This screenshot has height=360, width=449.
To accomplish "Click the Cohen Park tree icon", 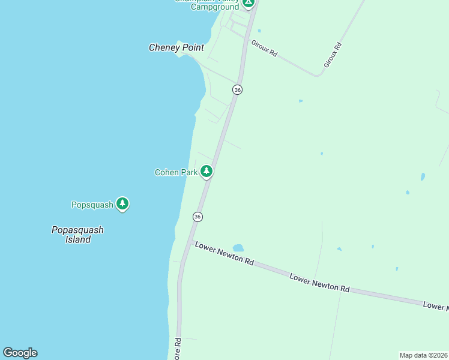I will (x=206, y=172).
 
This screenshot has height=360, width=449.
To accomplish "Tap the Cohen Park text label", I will (x=176, y=172).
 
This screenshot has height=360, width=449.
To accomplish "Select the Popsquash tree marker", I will (x=122, y=204).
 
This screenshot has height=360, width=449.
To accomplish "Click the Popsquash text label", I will (x=92, y=205).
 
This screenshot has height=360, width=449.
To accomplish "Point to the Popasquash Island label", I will (x=77, y=235).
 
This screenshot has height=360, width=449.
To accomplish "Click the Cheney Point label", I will (x=176, y=47).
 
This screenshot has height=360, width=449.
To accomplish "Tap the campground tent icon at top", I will (x=249, y=2).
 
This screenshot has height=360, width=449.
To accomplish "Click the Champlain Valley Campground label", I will (x=206, y=5).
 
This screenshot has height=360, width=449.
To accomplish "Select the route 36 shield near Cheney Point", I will (x=238, y=89).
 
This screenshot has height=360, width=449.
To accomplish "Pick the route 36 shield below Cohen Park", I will (x=197, y=216).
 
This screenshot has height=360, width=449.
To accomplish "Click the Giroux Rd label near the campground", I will (x=264, y=48).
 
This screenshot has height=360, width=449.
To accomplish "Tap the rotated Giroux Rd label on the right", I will (x=333, y=54).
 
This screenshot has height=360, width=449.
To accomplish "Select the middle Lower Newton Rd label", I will (x=319, y=283).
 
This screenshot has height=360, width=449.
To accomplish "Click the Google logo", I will (x=20, y=353).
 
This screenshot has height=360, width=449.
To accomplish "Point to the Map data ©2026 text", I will (x=423, y=355).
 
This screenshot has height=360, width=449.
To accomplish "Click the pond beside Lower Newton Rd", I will (x=238, y=247).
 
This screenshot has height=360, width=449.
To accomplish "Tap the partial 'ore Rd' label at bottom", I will (x=178, y=349).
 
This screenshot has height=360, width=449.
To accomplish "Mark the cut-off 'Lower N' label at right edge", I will (x=436, y=306).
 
